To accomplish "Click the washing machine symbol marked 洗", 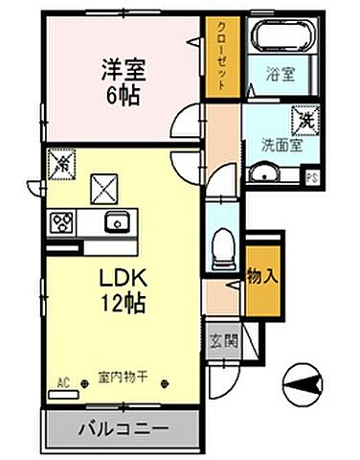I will (304, 120).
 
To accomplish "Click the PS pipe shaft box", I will (311, 176).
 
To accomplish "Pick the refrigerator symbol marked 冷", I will (57, 165).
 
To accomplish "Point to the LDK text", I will (124, 279).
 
